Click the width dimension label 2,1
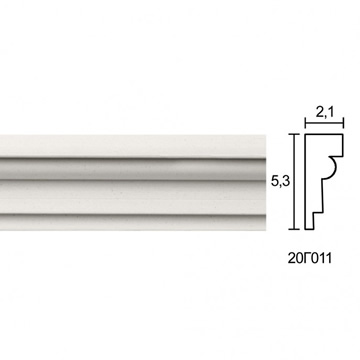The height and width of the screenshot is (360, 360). [x=325, y=113]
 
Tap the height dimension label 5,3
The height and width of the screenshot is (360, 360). [x=281, y=182]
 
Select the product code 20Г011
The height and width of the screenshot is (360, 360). [x=310, y=258]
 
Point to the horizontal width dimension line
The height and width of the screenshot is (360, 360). [x=324, y=123]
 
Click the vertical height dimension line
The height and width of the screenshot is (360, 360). [x=294, y=182]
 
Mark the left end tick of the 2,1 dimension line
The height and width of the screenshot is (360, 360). [x=305, y=123]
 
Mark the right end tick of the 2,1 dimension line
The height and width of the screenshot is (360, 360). [x=343, y=123]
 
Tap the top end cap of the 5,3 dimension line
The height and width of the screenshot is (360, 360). [x=294, y=134]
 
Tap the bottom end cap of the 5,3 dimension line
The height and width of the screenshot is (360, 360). [x=294, y=229]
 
